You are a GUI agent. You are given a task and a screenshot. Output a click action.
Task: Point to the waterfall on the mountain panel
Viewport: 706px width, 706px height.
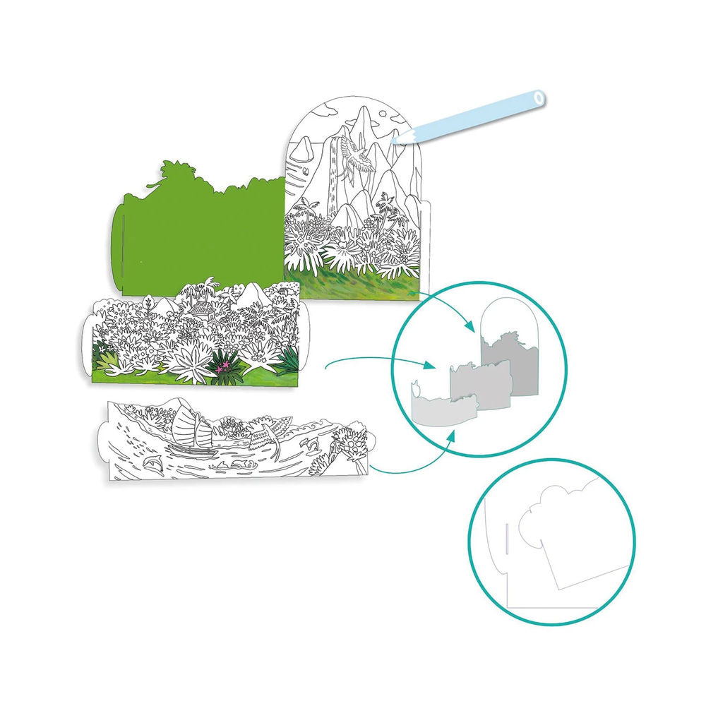point(329,176)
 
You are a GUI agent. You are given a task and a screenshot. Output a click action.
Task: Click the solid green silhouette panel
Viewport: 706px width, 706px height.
point(191,233)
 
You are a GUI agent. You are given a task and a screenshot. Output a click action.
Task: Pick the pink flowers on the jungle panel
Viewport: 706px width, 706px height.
point(223,364)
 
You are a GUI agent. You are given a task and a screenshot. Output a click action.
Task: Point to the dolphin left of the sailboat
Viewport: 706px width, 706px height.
point(150,460)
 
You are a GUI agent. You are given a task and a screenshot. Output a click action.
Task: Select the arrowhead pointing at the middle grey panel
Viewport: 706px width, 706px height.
point(428,365)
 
